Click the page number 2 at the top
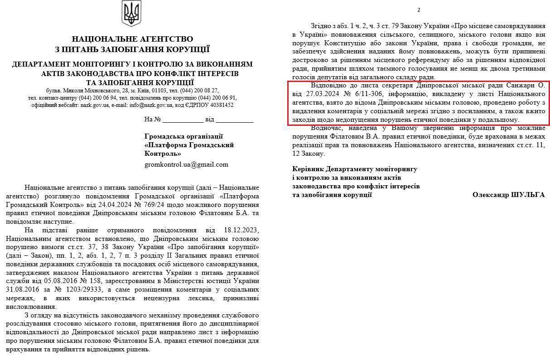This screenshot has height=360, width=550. click(419, 10)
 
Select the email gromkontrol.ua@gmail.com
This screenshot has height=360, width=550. click(186, 164)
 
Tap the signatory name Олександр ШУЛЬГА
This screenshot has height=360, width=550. click(508, 194)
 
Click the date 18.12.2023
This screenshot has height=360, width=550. click(240, 231)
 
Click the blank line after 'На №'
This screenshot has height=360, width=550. click(183, 120)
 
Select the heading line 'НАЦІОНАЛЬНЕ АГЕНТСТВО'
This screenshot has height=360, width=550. click(132, 39)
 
